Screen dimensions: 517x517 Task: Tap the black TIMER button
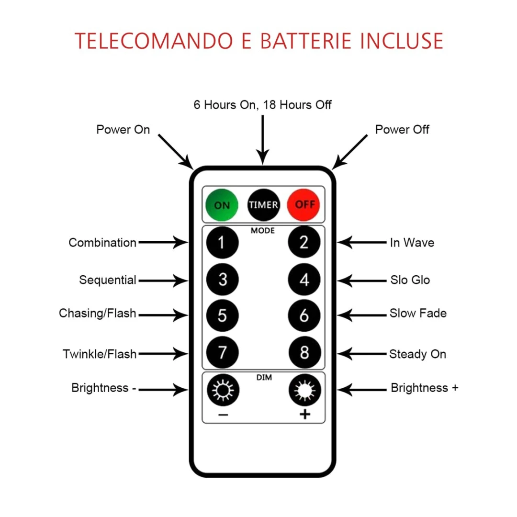pyautogui.click(x=263, y=205)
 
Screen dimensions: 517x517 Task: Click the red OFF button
pyautogui.click(x=304, y=205)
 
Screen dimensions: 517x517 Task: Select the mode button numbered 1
pyautogui.click(x=222, y=243)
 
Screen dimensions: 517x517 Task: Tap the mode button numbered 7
pyautogui.click(x=222, y=353)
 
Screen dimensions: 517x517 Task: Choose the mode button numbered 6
pyautogui.click(x=304, y=316)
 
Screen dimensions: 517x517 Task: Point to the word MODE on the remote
pyautogui.click(x=263, y=231)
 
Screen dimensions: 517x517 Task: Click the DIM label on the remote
pyautogui.click(x=263, y=378)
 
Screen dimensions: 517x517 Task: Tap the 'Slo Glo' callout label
pyautogui.click(x=409, y=280)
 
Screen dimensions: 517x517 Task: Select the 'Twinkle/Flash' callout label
pyautogui.click(x=100, y=354)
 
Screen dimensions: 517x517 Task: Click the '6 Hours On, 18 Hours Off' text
pyautogui.click(x=262, y=104)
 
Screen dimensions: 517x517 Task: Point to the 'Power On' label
pyautogui.click(x=123, y=130)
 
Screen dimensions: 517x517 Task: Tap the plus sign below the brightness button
pyautogui.click(x=304, y=415)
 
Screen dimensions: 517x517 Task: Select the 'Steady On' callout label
pyautogui.click(x=417, y=354)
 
